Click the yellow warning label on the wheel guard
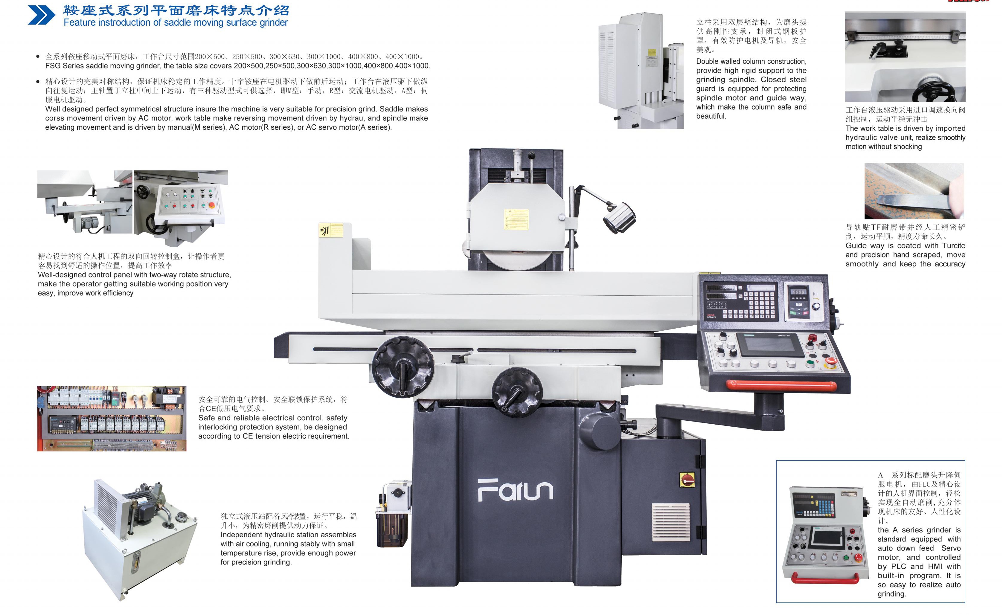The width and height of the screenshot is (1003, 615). pos(516,219)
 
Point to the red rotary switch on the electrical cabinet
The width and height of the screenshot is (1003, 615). pos(687,480)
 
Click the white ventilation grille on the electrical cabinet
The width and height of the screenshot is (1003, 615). pos(671,522)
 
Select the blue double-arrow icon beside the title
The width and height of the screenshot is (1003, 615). pos(41,15)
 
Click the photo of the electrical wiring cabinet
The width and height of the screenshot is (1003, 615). pos(112,418)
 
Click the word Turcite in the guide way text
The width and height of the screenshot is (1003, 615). pos(954,245)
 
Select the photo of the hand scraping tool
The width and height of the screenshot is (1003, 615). pos(914,191)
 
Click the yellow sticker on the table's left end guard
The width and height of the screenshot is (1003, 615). pos(330,231)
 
